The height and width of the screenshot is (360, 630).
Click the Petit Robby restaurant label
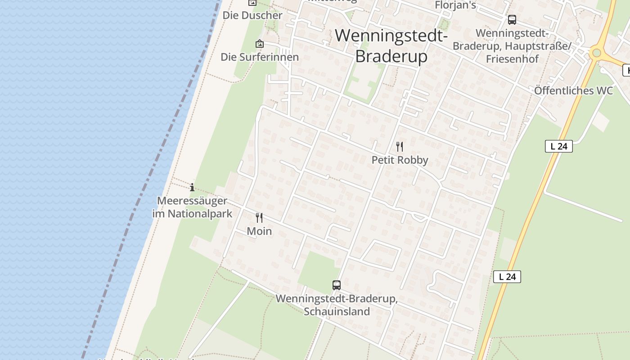pyautogui.click(x=400, y=160)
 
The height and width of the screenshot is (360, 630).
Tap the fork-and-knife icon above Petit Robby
pyautogui.click(x=399, y=146)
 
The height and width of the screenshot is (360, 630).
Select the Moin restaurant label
pyautogui.click(x=259, y=231)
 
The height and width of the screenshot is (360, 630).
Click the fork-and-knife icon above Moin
pyautogui.click(x=259, y=218)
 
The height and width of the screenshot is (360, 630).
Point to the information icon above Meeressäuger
pyautogui.click(x=192, y=187)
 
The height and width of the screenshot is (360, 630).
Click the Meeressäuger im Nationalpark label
pyautogui.click(x=192, y=207)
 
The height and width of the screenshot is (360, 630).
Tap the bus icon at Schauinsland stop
pyautogui.click(x=337, y=285)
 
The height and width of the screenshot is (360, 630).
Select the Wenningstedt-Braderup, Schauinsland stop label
pyautogui.click(x=337, y=305)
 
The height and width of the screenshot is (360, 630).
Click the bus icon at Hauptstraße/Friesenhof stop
pyautogui.click(x=512, y=20)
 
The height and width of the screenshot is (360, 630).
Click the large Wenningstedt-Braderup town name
pyautogui.click(x=391, y=45)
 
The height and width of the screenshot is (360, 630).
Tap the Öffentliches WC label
pyautogui.click(x=573, y=90)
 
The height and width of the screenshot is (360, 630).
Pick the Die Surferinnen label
pyautogui.click(x=260, y=57)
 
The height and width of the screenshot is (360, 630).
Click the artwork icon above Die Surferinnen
pyautogui.click(x=260, y=44)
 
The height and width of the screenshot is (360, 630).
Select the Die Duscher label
pyautogui.click(x=252, y=15)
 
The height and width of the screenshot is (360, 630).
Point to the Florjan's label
pyautogui.click(x=455, y=5)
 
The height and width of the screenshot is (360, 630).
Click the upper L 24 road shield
pyautogui.click(x=558, y=146)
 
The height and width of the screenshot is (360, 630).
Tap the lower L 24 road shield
pyautogui.click(x=507, y=277)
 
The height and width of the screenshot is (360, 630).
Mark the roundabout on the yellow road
pyautogui.click(x=597, y=53)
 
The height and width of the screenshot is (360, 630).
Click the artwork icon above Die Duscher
pyautogui.click(x=252, y=3)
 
